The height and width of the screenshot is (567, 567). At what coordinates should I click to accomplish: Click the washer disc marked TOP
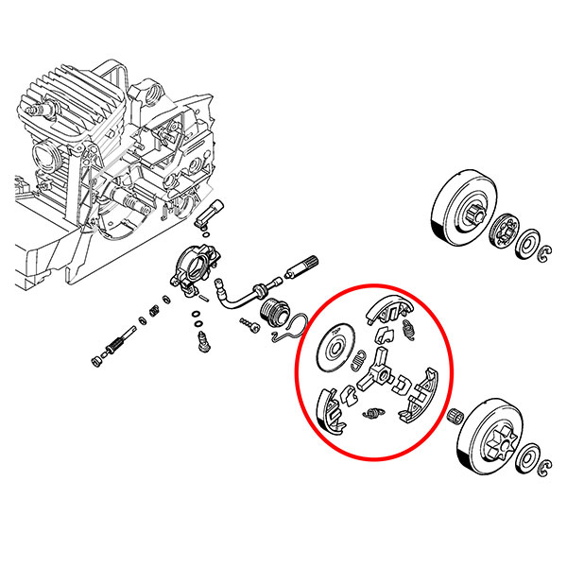333,346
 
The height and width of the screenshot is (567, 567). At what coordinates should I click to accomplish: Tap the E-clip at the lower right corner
546,464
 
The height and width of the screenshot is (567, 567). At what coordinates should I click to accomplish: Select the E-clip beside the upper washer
545,251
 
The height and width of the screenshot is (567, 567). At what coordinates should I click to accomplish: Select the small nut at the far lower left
96,360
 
